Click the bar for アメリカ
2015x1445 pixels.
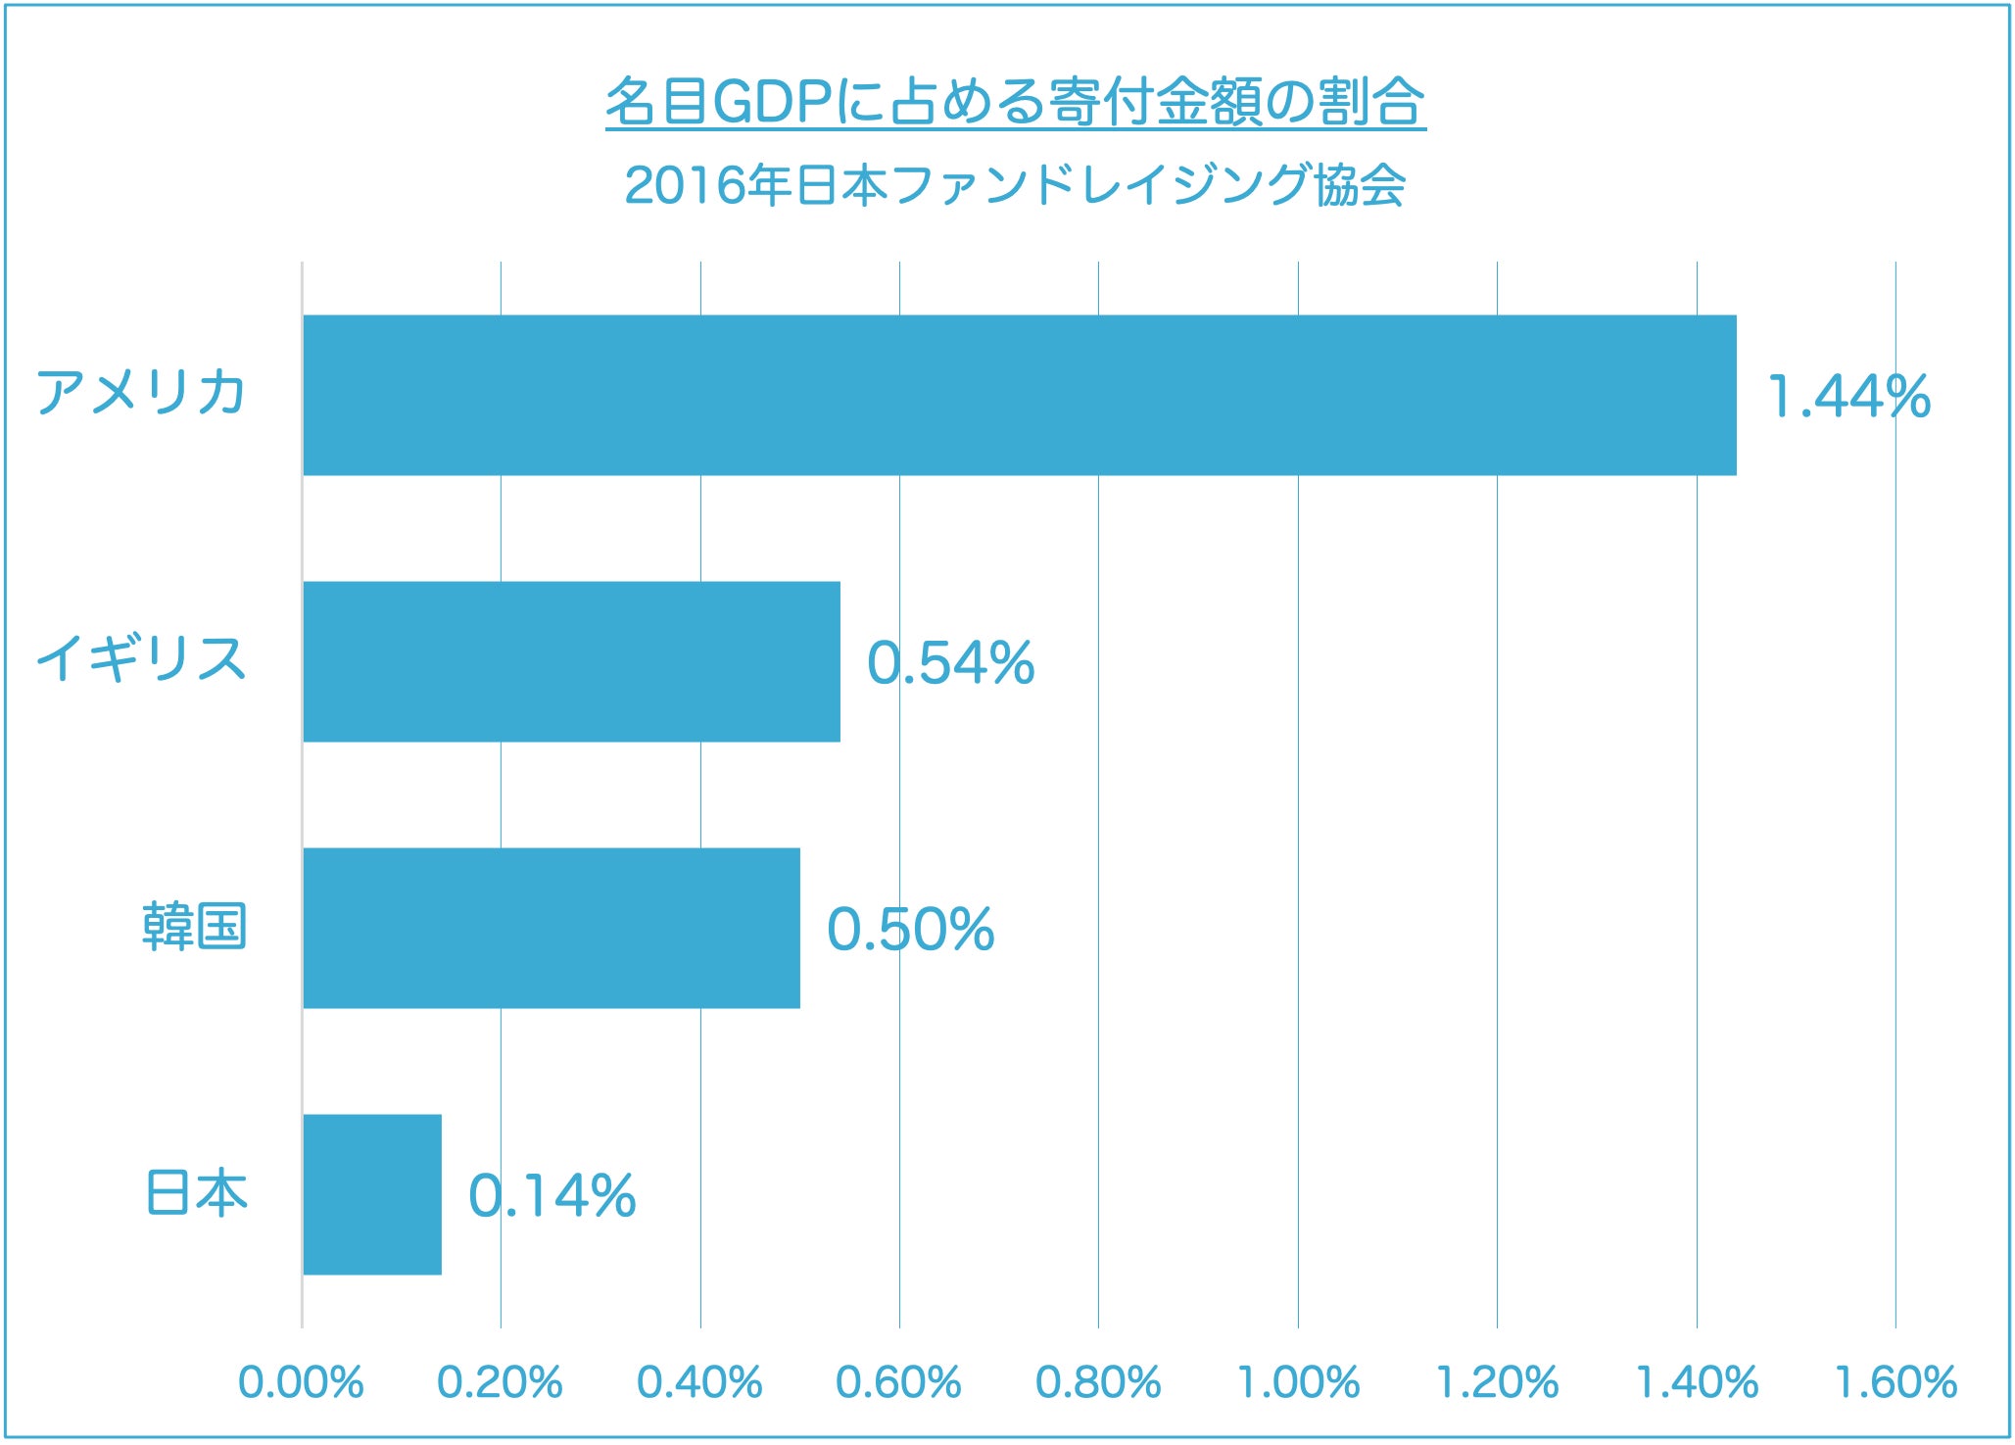pos(1019,395)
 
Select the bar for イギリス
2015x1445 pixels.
pos(571,661)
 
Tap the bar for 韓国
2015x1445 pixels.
pos(551,928)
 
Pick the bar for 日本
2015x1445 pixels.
pos(371,1194)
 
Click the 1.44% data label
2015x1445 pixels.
pos(1848,397)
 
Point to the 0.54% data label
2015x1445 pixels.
pos(950,663)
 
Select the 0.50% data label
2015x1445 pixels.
pos(910,930)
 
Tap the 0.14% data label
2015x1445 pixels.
pos(552,1196)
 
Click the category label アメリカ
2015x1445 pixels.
pos(141,393)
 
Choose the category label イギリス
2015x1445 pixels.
pos(141,658)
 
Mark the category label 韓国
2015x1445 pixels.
pos(194,926)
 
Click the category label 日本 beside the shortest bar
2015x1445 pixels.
pos(196,1192)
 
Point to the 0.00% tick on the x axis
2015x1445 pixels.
pos(301,1382)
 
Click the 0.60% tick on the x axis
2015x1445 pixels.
pos(898,1382)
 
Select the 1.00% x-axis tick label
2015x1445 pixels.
pos(1298,1382)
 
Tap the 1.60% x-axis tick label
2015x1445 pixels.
pos(1895,1382)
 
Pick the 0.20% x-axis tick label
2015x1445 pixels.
pos(500,1382)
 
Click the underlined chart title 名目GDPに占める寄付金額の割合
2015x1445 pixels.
pos(1015,101)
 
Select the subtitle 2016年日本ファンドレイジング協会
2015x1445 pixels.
pos(1015,185)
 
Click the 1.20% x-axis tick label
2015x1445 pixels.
pos(1497,1382)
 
